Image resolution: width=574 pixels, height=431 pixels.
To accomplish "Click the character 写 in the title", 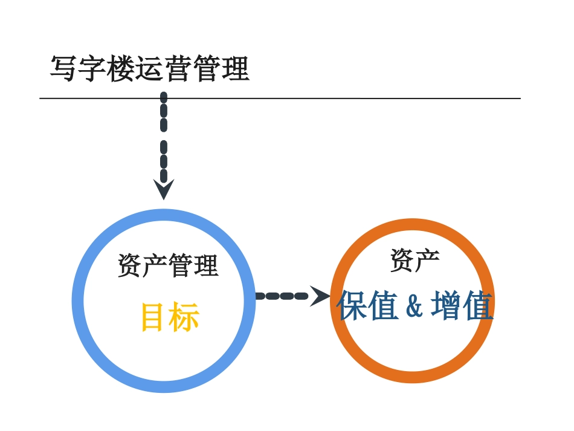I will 63,69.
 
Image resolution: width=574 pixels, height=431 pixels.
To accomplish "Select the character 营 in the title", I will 177,69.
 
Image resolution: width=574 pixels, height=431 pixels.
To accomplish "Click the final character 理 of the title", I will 235,69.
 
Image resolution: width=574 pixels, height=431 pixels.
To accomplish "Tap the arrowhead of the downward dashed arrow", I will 164,189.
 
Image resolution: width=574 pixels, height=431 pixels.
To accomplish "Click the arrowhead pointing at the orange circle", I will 320,296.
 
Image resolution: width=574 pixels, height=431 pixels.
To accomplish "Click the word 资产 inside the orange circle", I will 414,260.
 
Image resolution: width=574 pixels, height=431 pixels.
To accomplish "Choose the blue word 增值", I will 462,306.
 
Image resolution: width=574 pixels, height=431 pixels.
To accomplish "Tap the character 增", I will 447,306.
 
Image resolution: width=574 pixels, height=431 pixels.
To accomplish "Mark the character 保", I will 352,306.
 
